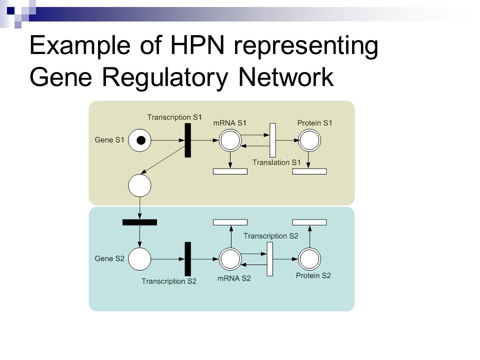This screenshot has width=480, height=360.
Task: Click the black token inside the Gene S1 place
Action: pyautogui.click(x=141, y=140)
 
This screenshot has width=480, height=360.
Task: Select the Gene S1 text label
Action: pyautogui.click(x=109, y=140)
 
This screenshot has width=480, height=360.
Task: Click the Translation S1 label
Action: pyautogui.click(x=276, y=162)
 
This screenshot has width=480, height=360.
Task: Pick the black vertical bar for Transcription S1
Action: pyautogui.click(x=187, y=140)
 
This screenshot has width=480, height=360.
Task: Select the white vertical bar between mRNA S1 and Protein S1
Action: pyautogui.click(x=272, y=140)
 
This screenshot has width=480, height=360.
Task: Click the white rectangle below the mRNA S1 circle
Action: pyautogui.click(x=230, y=171)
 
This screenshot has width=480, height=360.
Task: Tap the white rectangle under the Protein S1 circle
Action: pyautogui.click(x=309, y=171)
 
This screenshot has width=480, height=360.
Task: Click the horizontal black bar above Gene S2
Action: pyautogui.click(x=139, y=222)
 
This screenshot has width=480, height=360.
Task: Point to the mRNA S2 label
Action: pyautogui.click(x=234, y=278)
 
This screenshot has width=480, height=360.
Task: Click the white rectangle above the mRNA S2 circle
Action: pyautogui.click(x=230, y=222)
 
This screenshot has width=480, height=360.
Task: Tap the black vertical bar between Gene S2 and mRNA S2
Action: pyautogui.click(x=187, y=259)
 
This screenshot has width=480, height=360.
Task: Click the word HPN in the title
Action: pyautogui.click(x=197, y=45)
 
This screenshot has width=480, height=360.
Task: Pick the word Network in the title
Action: pyautogui.click(x=285, y=77)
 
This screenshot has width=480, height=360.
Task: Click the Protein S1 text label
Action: pyautogui.click(x=314, y=123)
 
